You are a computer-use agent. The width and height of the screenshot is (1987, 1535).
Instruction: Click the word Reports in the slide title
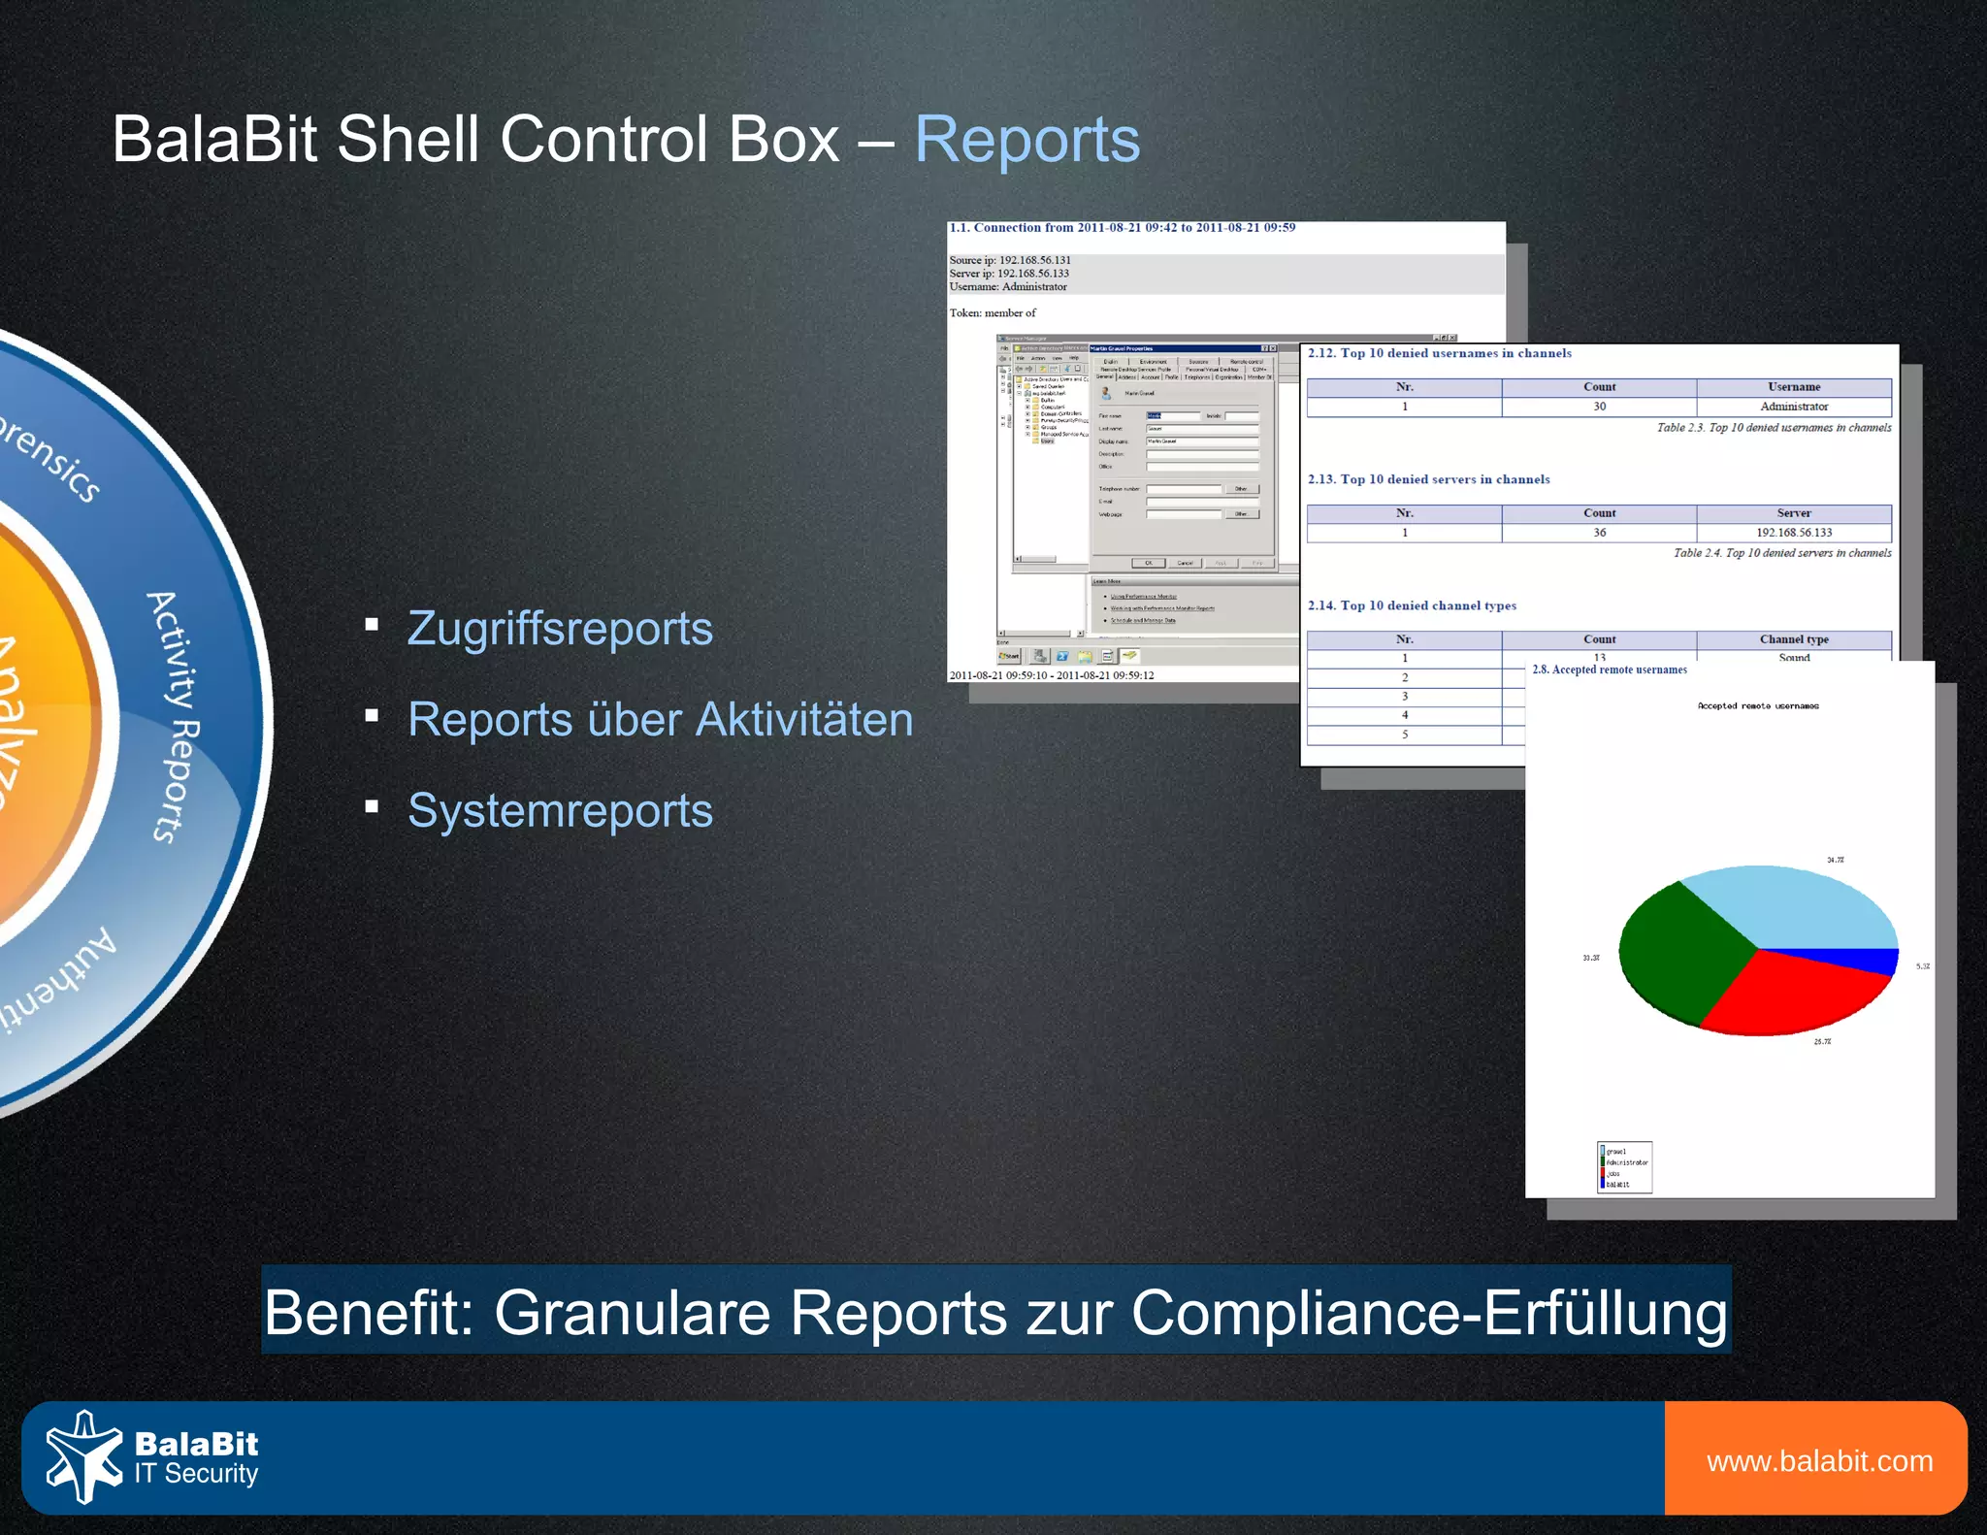click(1026, 140)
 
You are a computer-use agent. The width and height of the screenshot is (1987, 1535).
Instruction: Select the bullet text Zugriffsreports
click(560, 628)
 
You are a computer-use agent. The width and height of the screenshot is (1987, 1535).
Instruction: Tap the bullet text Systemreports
click(560, 810)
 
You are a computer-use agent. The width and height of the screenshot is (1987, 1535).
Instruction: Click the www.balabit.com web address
click(1819, 1461)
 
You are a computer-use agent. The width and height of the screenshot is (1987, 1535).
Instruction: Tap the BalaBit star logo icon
click(83, 1456)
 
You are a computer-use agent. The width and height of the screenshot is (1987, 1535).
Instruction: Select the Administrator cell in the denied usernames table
click(1794, 407)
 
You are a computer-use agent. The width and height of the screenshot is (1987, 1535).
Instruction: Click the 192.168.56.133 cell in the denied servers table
click(1794, 533)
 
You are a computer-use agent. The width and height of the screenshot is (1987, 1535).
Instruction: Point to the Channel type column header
click(1794, 639)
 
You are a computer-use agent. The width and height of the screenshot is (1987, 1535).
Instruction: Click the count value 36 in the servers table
click(1599, 533)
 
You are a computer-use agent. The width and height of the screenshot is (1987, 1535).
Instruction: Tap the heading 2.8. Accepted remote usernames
click(1610, 670)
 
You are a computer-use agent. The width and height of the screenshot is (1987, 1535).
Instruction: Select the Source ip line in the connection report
click(1010, 260)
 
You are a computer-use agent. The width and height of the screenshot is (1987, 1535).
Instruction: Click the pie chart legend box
click(1624, 1167)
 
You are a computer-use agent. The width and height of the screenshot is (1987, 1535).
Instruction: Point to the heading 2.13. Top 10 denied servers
click(1428, 479)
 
